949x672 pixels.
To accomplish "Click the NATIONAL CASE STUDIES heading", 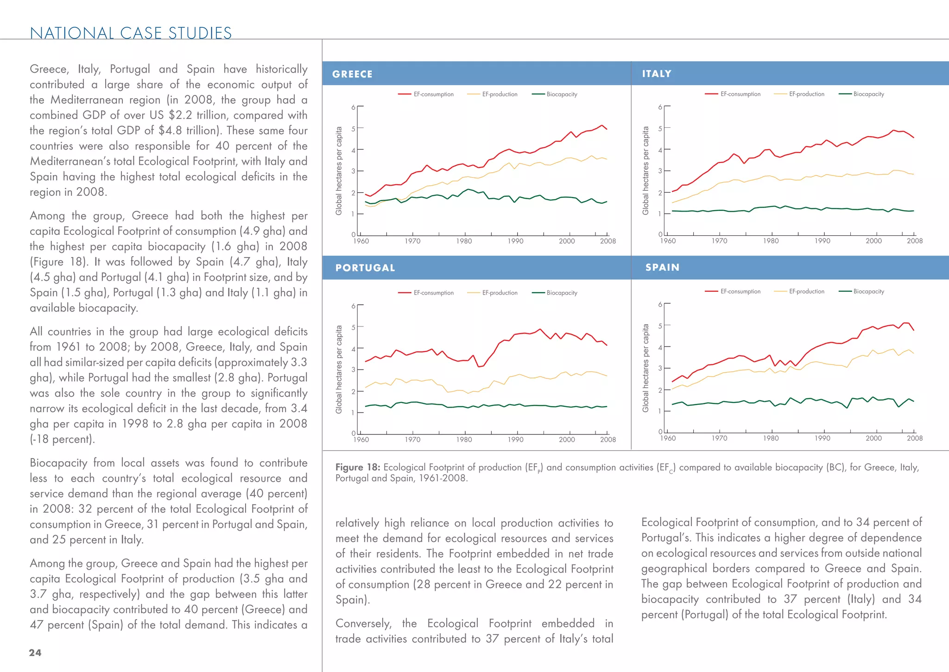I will coord(131,33).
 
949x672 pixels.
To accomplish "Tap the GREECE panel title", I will coord(352,74).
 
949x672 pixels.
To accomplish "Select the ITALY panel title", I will coord(656,74).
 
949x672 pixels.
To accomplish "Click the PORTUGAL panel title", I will coord(365,268).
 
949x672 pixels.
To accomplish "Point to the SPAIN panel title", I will coord(662,267).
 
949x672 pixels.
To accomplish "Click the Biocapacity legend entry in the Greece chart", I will coord(562,94).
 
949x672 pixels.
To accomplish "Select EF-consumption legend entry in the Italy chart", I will coord(740,94).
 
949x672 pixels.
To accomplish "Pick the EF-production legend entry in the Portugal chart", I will coord(500,293).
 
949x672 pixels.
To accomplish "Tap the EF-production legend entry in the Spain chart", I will coord(806,291).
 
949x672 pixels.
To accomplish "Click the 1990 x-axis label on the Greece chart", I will coord(515,241).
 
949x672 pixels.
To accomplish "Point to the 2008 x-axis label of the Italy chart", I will coord(914,241).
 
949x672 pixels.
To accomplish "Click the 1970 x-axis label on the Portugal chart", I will coord(412,440).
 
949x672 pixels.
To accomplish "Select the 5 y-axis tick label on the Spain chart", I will coord(660,326).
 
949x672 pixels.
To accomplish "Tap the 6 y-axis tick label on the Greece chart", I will coord(354,107).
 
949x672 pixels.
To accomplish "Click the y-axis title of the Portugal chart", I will coord(339,369).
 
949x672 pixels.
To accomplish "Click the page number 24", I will coord(35,653).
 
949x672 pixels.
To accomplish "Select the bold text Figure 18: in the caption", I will coord(357,467).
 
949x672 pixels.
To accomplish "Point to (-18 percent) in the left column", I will coord(62,439).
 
